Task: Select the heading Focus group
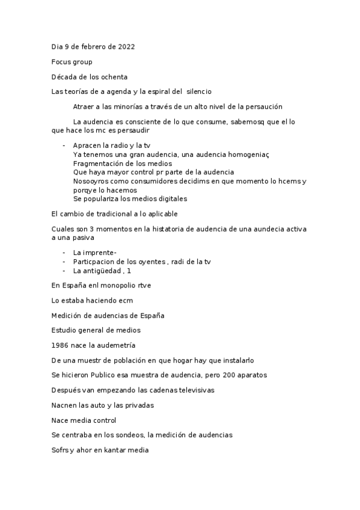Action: click(x=72, y=61)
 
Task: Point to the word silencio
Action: click(x=199, y=91)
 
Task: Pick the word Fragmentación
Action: click(x=100, y=164)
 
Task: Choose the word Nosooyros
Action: click(x=91, y=181)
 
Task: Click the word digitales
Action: click(x=168, y=198)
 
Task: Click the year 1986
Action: click(x=61, y=345)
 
